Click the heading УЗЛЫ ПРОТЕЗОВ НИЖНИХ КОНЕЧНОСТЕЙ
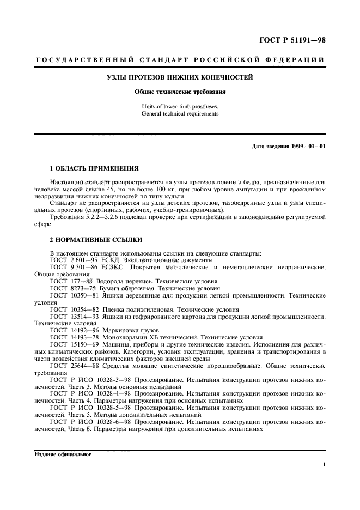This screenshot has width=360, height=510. point(179,78)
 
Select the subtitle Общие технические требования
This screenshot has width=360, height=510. point(179,92)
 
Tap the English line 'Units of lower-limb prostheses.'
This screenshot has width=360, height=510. point(179,107)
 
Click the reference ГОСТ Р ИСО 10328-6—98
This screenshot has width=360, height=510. point(87,422)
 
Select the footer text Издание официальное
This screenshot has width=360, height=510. point(57,454)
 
